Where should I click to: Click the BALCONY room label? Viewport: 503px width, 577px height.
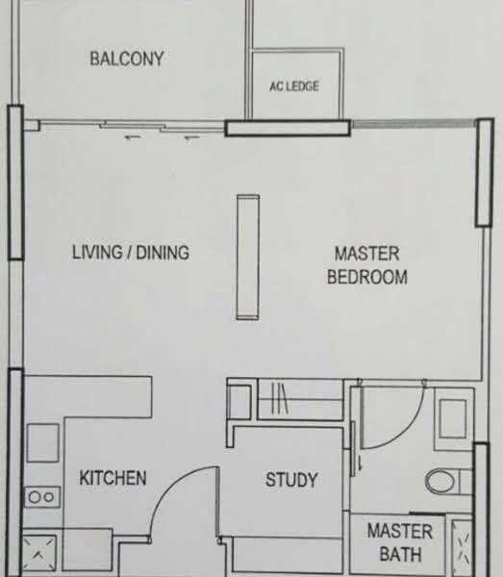[126, 59]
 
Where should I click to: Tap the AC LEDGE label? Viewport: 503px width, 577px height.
[294, 87]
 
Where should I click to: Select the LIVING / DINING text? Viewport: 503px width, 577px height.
[131, 253]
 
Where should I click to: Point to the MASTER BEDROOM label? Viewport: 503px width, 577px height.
[366, 265]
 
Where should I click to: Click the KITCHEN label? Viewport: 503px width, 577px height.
[113, 478]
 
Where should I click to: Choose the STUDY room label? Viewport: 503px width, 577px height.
[291, 480]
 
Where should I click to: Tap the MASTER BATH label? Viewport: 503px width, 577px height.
[399, 542]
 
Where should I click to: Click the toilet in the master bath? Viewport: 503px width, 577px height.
[445, 479]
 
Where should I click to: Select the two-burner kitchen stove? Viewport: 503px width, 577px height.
[41, 496]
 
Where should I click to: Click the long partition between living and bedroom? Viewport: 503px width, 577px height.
[248, 257]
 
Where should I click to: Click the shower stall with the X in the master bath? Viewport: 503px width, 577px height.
[463, 546]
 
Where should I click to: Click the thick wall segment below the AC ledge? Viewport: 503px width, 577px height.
[287, 127]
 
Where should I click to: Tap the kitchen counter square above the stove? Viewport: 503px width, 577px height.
[42, 442]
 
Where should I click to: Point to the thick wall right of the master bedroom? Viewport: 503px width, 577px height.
[483, 173]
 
